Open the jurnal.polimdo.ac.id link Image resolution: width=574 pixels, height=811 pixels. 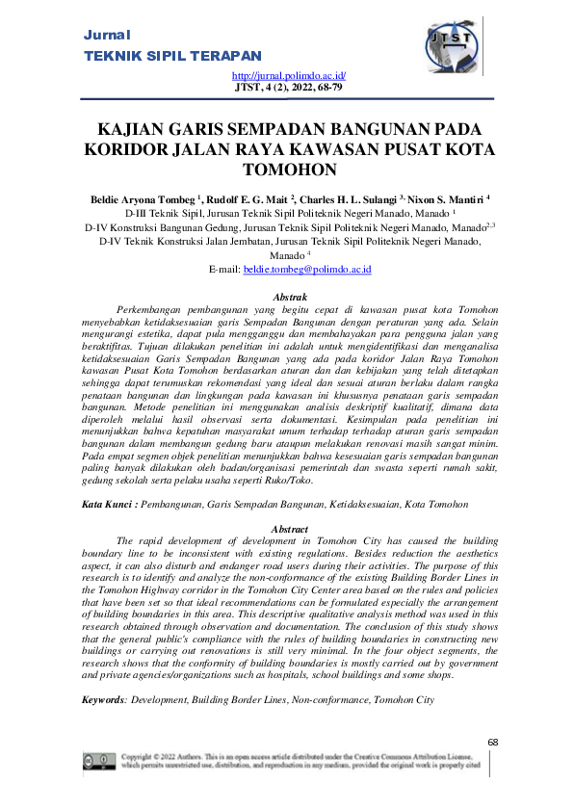[x=289, y=74]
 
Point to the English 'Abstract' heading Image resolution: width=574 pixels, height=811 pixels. [x=290, y=530]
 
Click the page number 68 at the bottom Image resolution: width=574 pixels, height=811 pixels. [x=494, y=742]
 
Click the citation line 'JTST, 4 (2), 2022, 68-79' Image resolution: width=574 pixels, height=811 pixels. [x=290, y=86]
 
